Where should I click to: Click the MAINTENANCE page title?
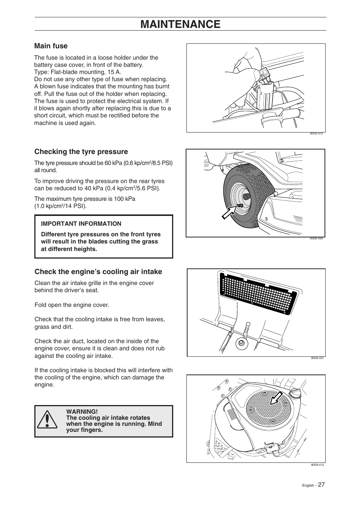tap(180, 24)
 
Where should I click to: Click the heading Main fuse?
tap(51, 46)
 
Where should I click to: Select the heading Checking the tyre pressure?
tap(81, 152)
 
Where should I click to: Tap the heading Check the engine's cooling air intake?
tap(98, 272)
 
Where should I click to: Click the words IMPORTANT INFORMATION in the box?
tap(81, 224)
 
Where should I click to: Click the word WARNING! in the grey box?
tap(82, 411)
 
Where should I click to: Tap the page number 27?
tap(321, 485)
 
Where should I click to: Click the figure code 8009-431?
tap(317, 358)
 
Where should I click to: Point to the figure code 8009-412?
tap(317, 465)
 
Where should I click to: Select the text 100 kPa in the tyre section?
tap(125, 199)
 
